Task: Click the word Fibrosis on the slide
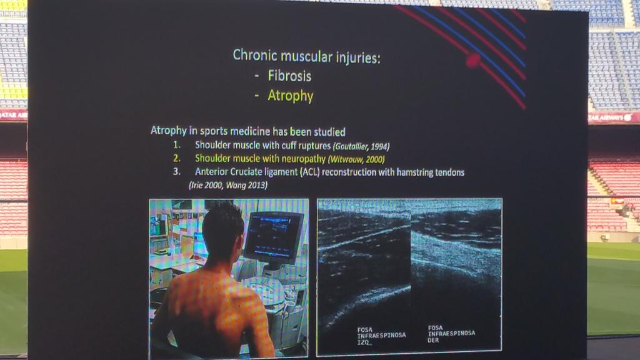(289, 76)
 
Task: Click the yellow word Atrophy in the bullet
(290, 96)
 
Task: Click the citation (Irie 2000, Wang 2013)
(227, 185)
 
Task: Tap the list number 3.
(177, 172)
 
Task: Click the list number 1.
(177, 146)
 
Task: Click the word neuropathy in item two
(296, 159)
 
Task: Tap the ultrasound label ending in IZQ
(381, 335)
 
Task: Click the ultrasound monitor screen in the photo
(274, 236)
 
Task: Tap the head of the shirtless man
(222, 232)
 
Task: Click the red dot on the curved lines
(472, 60)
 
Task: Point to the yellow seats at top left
(12, 92)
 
